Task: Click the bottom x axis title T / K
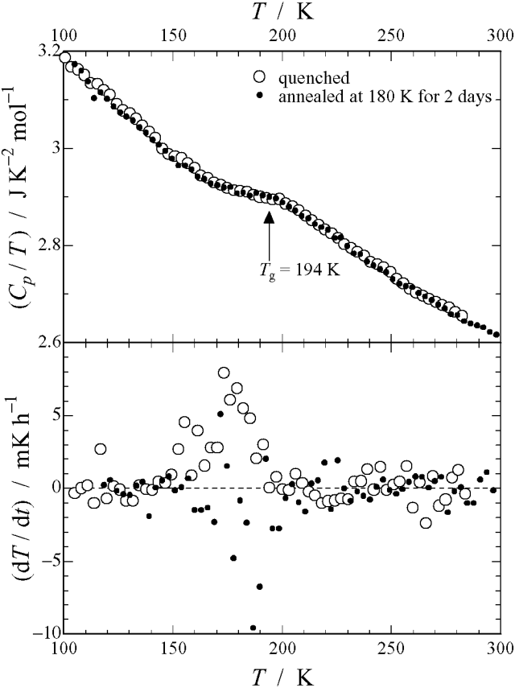(281, 673)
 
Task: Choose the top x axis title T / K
(281, 14)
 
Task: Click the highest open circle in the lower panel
(224, 373)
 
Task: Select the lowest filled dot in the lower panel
(253, 628)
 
